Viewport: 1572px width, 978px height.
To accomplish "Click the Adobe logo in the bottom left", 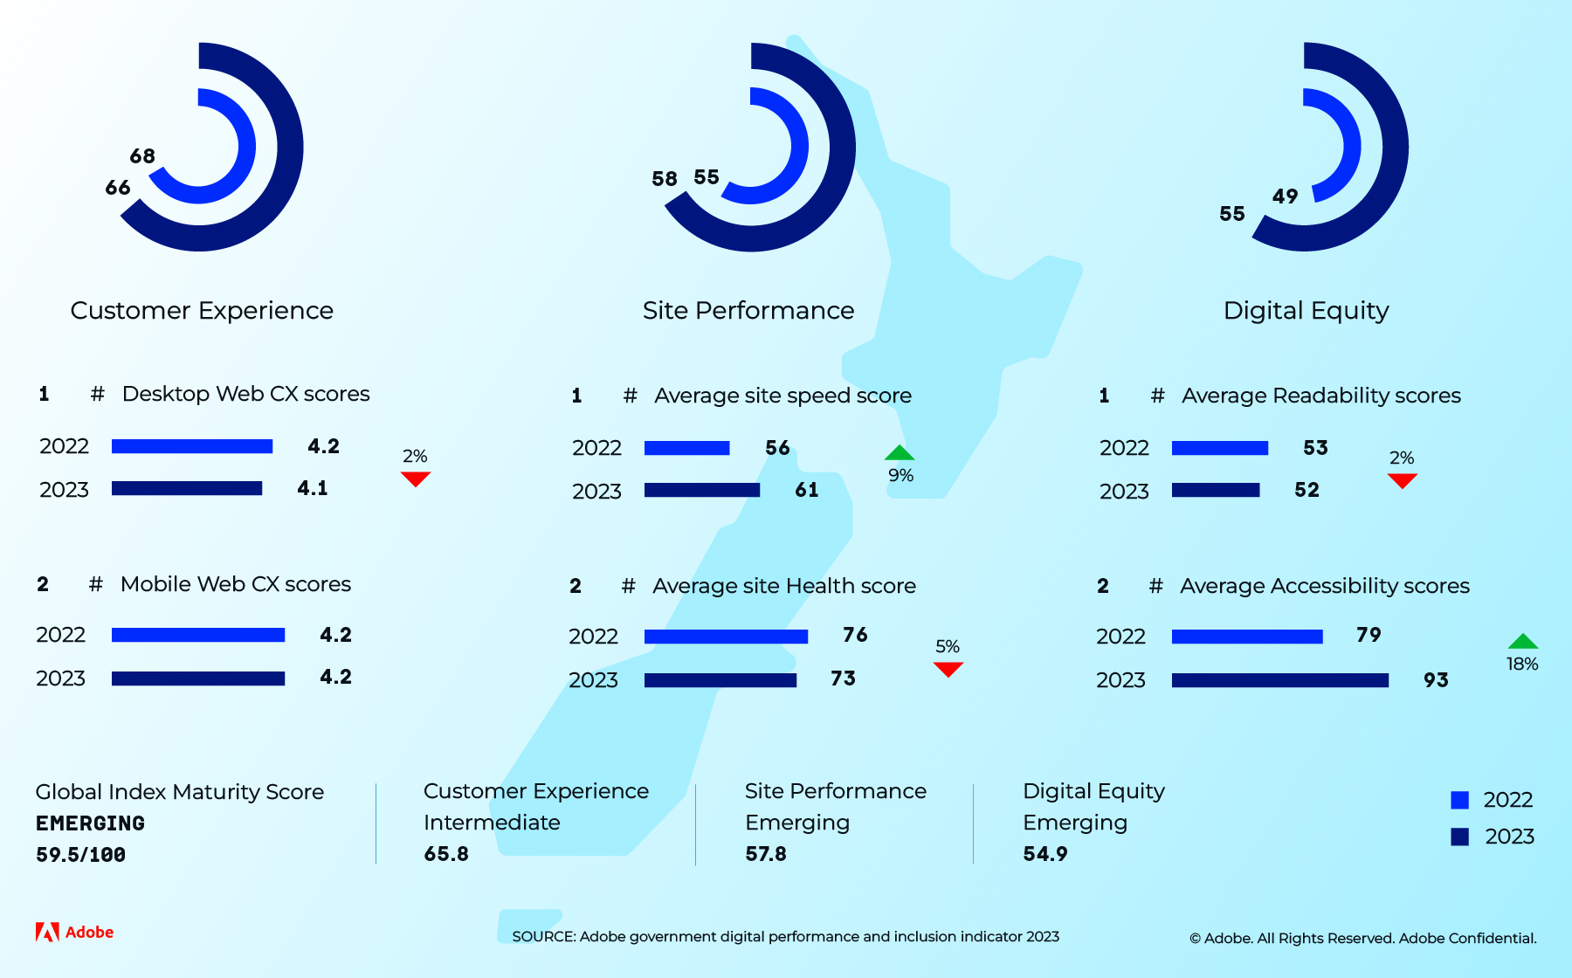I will [74, 932].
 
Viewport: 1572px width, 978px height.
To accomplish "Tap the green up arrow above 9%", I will [899, 452].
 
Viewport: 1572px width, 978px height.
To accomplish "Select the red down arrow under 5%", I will [948, 669].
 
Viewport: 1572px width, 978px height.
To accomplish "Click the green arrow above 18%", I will [1522, 641].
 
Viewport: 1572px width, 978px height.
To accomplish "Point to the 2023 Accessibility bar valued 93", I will [1279, 680].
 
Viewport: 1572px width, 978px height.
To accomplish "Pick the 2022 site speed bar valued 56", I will [686, 448].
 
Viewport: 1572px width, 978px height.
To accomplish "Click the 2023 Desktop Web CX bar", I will [187, 488].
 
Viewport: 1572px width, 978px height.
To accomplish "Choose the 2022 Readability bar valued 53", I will [1219, 448].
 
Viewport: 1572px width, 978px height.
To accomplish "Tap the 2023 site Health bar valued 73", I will [720, 680].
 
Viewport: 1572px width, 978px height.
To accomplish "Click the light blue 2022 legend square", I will [1459, 800].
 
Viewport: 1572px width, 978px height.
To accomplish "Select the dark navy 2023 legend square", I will [1459, 837].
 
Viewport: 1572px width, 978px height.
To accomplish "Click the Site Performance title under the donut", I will [748, 310].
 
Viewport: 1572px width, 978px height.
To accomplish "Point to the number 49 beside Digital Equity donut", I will [1285, 196].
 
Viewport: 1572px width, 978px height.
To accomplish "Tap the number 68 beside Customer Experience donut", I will [142, 156].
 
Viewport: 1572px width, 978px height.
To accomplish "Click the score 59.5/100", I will [80, 855].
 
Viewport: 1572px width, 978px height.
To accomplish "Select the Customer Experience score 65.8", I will [446, 854].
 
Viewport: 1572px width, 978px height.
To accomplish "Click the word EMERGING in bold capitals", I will [90, 823].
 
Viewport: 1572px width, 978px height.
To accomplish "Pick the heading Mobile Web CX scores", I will [235, 584].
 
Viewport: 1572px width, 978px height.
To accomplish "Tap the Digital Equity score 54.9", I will [1045, 854].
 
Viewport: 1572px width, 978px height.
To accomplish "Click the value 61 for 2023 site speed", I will [807, 490].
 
